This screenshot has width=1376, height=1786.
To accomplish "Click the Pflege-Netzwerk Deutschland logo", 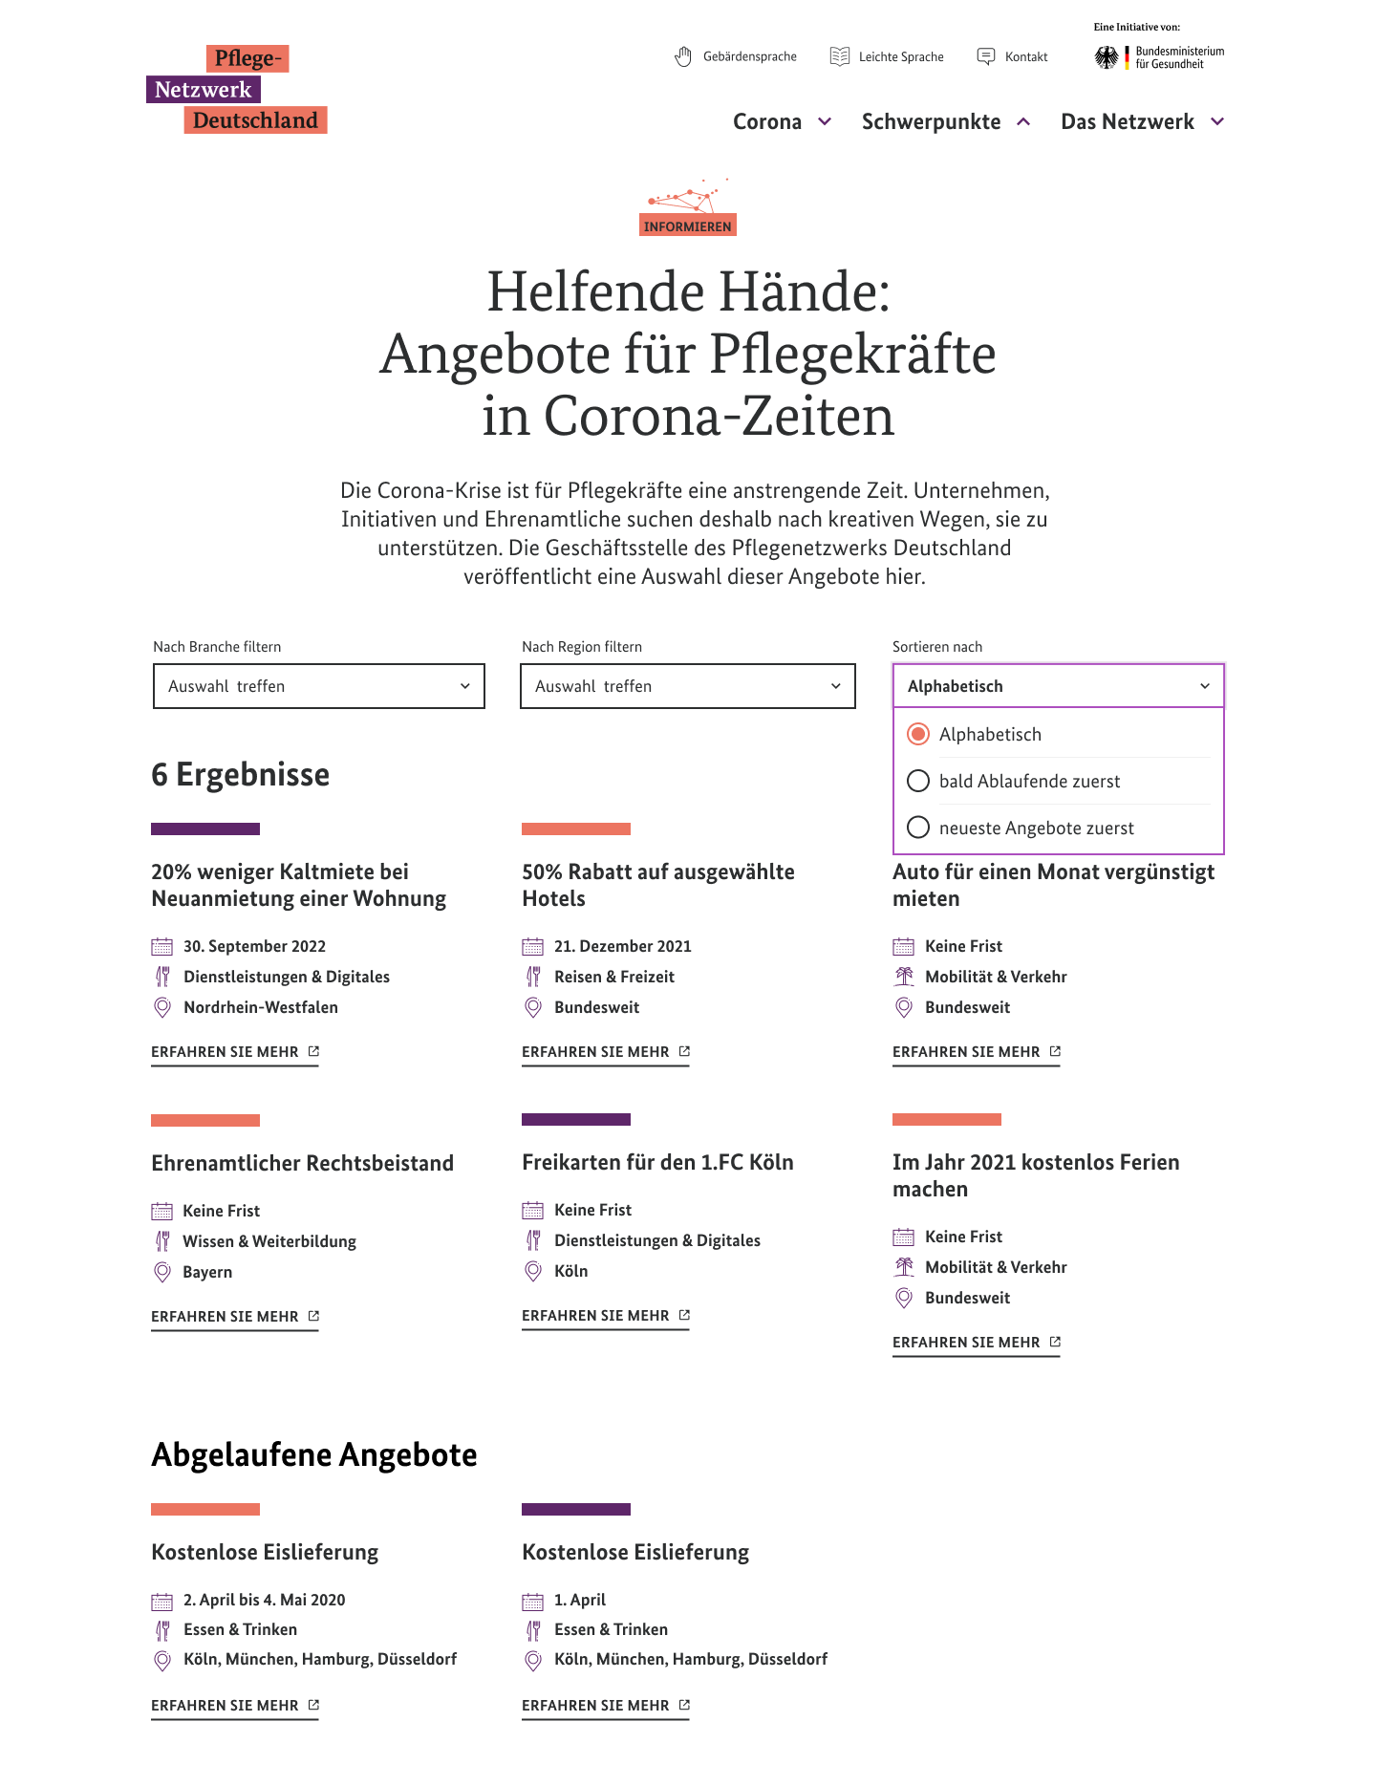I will (x=237, y=90).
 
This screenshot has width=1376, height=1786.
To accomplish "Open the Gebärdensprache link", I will (x=736, y=57).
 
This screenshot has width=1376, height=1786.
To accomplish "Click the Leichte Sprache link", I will (x=887, y=57).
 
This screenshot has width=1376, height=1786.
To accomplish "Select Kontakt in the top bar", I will (x=1013, y=57).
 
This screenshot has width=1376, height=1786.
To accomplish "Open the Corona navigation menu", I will (x=782, y=122).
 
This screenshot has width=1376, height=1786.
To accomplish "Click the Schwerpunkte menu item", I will (x=945, y=122).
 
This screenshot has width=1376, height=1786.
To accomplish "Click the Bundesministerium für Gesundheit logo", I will (x=1159, y=57).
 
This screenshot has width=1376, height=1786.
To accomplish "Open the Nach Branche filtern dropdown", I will (x=319, y=686).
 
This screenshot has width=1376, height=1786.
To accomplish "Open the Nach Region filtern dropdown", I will (x=687, y=686).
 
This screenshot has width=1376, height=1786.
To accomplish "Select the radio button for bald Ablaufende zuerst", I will (x=918, y=781).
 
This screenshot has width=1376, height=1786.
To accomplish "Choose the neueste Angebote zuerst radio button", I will (x=918, y=828).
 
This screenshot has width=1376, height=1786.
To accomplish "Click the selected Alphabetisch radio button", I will (x=918, y=734).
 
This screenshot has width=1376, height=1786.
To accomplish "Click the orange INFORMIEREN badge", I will (x=688, y=226).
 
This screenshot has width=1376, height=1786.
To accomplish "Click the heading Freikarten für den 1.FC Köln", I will (x=657, y=1162).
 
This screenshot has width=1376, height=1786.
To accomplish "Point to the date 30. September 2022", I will (x=254, y=946).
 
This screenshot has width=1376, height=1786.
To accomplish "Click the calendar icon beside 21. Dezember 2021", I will (x=532, y=946).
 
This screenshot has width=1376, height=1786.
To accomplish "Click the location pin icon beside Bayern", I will (x=162, y=1272).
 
